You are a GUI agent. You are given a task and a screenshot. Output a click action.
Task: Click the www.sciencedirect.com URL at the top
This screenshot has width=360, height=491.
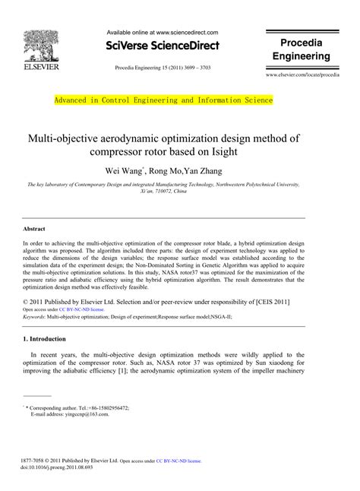[x=188, y=33]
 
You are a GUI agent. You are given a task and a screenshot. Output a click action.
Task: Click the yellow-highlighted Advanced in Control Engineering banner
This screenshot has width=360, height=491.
[x=163, y=100]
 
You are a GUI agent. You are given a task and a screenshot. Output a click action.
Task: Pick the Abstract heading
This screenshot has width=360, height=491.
[x=33, y=228]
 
